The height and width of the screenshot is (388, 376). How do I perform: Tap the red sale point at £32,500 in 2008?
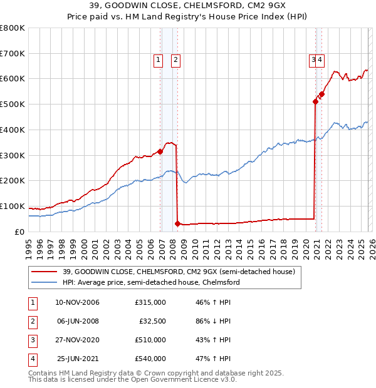[178, 223]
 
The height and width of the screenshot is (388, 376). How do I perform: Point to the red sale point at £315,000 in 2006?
[160, 151]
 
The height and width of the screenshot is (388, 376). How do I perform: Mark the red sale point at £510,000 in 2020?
[315, 101]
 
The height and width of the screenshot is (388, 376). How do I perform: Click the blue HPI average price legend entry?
[150, 282]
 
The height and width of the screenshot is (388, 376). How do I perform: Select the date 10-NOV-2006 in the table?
[78, 302]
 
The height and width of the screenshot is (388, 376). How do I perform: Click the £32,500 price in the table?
[152, 321]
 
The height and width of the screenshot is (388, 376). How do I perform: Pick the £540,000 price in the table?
[150, 359]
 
